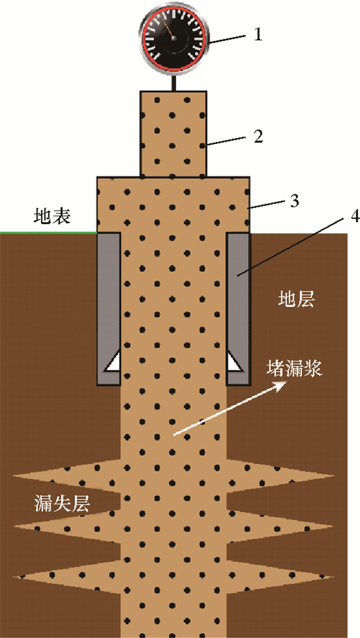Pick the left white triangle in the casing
[112, 362]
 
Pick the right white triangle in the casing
[235, 362]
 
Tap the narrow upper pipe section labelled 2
[174, 134]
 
